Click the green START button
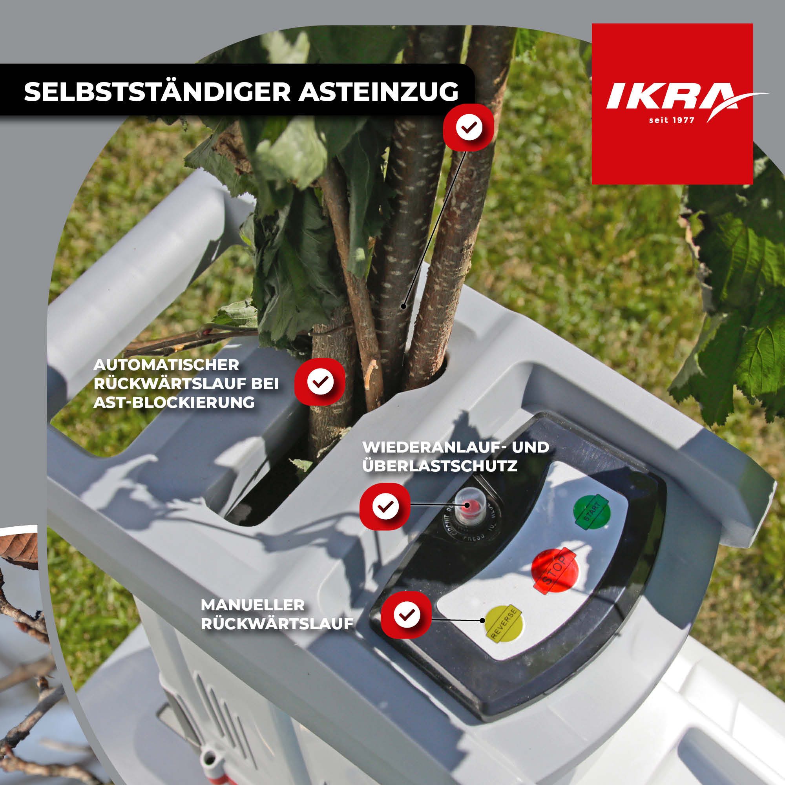click(591, 511)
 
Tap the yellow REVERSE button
click(504, 625)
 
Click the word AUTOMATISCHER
click(166, 365)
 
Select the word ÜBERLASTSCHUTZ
click(440, 466)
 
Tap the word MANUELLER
click(252, 605)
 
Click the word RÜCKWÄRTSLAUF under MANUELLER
click(277, 624)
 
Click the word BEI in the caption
click(266, 383)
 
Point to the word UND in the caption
click(530, 447)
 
